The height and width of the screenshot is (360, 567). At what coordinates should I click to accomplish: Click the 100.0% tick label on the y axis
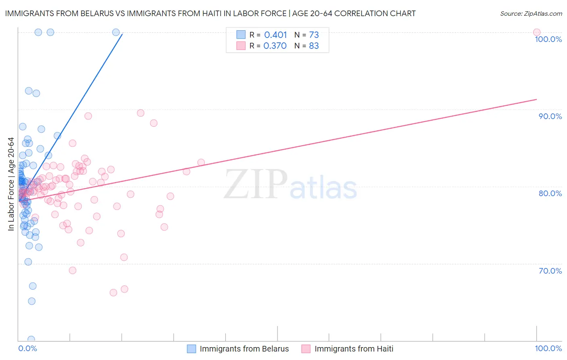548,39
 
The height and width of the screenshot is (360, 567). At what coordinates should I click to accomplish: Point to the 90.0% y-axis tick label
550,116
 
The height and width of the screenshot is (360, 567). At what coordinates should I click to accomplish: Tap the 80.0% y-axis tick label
550,193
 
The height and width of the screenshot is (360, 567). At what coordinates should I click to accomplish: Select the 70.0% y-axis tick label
550,271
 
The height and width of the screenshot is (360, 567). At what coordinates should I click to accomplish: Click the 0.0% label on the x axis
27,348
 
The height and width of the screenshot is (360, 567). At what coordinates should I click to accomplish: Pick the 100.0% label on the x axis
548,348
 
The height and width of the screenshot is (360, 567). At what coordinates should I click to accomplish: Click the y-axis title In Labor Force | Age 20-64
11,184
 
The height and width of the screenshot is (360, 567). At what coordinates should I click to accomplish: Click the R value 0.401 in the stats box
275,35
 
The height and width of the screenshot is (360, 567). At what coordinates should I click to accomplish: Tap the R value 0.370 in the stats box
275,46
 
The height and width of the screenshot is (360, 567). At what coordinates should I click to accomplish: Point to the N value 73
314,35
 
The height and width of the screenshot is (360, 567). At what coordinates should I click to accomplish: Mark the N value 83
314,46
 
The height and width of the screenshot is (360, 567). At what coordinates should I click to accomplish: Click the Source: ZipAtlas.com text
531,14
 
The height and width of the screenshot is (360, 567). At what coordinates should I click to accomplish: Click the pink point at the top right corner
536,32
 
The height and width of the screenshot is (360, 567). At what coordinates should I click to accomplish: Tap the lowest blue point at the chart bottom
31,339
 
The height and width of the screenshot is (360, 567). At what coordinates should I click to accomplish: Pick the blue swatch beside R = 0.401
241,35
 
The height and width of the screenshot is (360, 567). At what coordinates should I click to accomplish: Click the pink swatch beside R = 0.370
241,46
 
